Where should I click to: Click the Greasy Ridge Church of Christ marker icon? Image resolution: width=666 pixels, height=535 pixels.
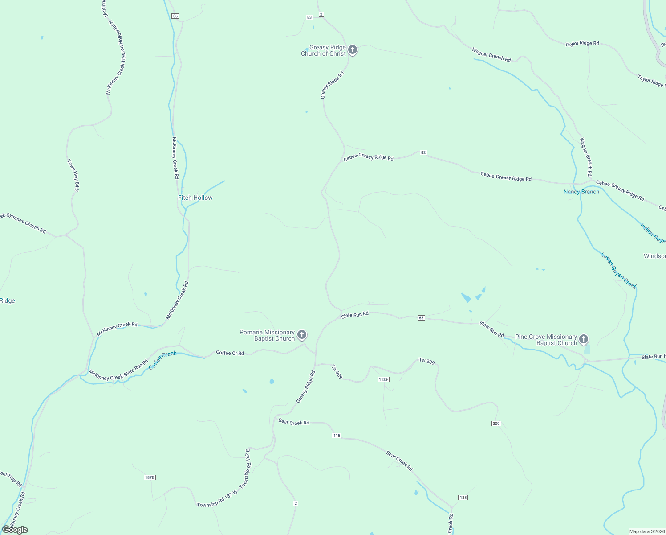pos(353,49)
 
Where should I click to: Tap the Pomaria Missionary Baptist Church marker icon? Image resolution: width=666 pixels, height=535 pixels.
pos(302,334)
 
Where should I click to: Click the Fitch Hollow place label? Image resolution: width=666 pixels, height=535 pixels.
pos(195,198)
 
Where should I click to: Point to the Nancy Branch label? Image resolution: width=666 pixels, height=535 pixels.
pos(581,192)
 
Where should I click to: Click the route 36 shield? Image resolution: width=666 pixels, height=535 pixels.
pos(175,16)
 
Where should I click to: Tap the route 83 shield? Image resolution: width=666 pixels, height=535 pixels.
pos(309,17)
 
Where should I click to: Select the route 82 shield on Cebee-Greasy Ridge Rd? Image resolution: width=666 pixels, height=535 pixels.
pos(423,152)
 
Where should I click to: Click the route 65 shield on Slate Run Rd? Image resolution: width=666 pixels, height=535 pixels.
pos(421,318)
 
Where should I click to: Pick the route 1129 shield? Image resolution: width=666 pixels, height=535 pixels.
pos(383,379)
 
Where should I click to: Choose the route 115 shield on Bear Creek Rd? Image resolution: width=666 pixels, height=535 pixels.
pos(337,436)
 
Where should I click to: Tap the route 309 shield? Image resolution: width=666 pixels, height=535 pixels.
pos(496,423)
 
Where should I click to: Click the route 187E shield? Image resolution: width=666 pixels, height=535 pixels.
pos(150,477)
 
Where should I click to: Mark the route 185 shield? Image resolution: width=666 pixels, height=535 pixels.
pos(463,498)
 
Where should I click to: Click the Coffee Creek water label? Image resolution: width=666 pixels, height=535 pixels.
pos(162,360)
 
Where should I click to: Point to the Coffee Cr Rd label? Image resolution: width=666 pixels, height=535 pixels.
pos(230,353)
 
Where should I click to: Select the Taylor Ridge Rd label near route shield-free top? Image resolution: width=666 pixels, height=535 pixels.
pos(582,44)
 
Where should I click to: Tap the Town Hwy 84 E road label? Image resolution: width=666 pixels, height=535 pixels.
pos(73,176)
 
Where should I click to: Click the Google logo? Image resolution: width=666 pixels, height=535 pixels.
pos(15,530)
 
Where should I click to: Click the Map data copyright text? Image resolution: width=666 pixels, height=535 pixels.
pos(646,531)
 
